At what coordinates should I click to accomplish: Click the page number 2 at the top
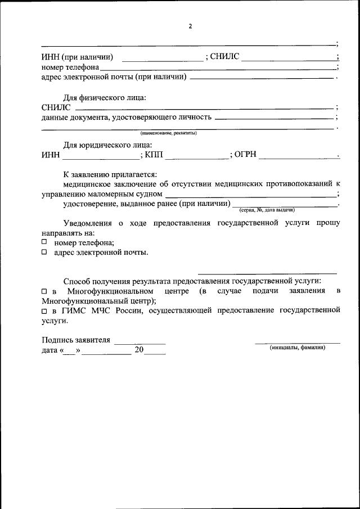(x=190, y=26)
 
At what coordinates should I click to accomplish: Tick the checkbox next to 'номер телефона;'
(x=44, y=242)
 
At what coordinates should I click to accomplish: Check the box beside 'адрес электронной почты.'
(x=44, y=253)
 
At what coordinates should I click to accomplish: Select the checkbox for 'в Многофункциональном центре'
(x=44, y=291)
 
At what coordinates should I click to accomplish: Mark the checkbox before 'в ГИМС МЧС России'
(x=44, y=310)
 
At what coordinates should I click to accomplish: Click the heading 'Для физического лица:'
(x=104, y=97)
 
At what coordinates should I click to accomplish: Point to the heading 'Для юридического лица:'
(x=103, y=145)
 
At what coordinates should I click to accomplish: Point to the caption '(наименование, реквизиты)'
(x=168, y=133)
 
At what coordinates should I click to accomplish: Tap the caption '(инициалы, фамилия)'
(x=297, y=348)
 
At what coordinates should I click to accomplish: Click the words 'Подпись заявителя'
(x=76, y=340)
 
